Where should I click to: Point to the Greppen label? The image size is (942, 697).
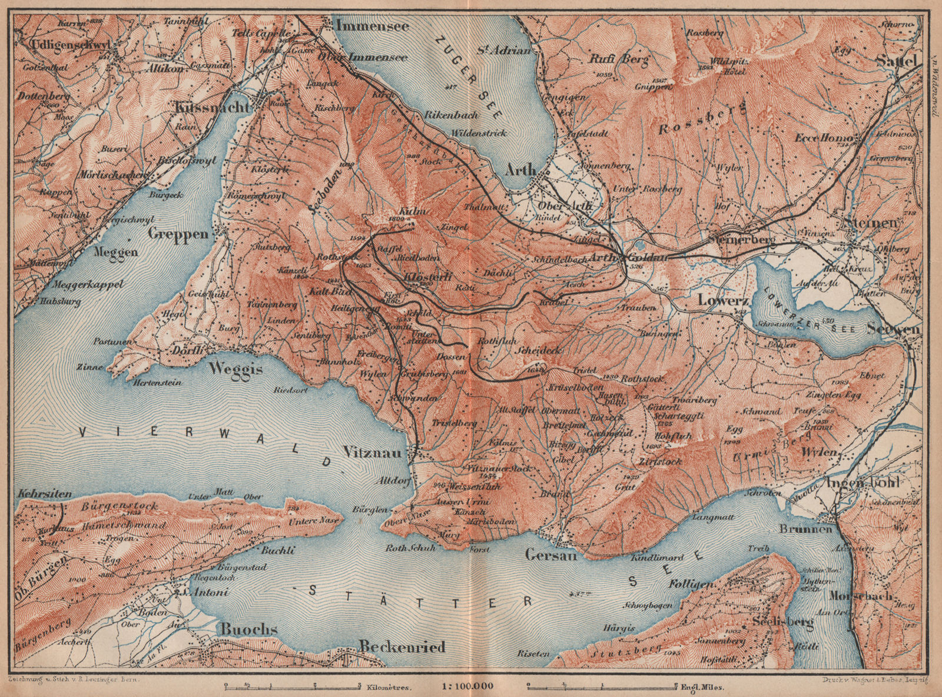point(181,234)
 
